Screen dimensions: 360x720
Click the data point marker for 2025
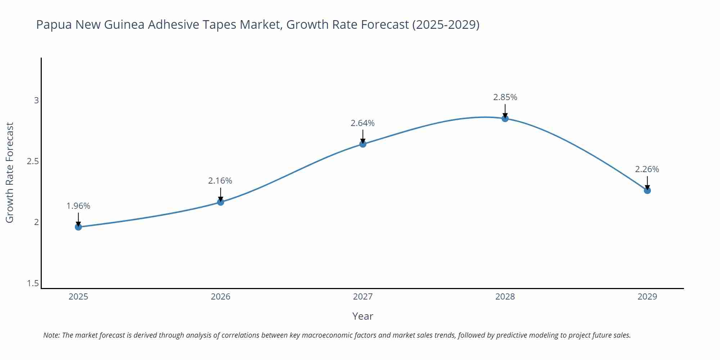78,227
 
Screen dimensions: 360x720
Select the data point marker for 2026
221,202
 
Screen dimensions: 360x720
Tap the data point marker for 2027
363,144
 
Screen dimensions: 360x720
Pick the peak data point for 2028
505,118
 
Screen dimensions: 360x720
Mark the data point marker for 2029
647,190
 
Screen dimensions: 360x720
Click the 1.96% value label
78,206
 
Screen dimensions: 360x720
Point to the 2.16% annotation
220,181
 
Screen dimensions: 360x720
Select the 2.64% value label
363,123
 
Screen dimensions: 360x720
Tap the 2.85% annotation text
505,97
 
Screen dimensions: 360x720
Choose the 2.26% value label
647,169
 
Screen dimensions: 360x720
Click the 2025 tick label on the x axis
78,297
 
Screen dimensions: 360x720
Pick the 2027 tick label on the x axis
363,297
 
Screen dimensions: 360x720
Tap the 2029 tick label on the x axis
647,297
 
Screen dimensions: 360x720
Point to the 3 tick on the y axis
36,100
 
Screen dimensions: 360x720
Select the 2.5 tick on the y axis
33,161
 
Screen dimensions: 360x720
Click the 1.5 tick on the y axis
33,284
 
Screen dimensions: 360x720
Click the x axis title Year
363,316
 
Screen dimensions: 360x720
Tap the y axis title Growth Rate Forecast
10,172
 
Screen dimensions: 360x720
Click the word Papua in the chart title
54,25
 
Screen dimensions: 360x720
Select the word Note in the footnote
51,335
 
